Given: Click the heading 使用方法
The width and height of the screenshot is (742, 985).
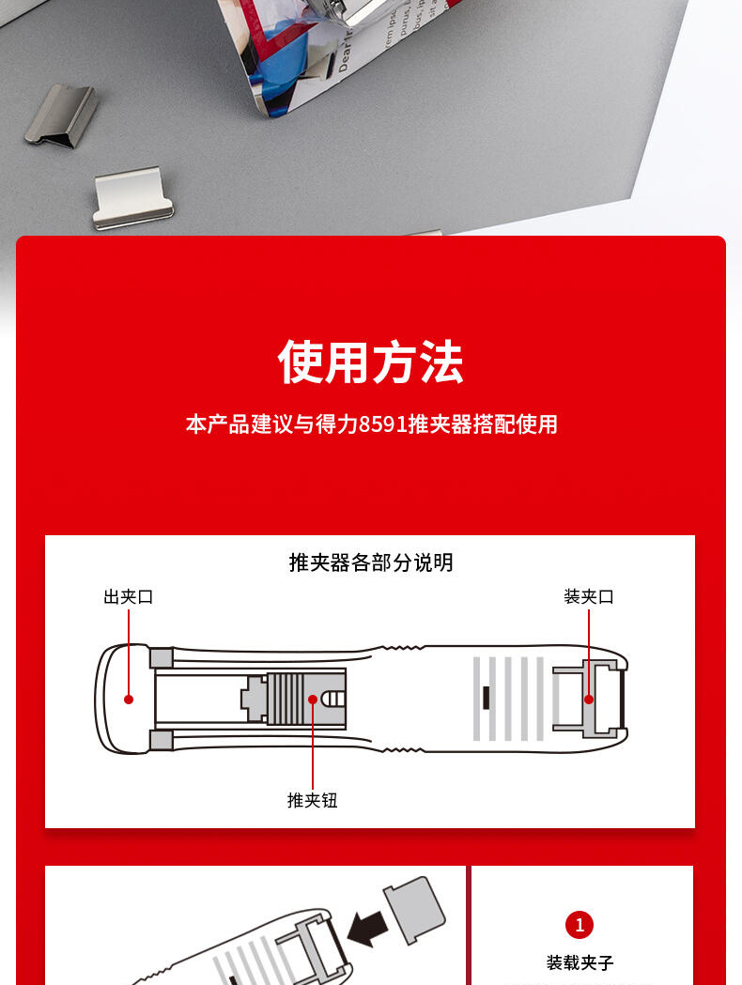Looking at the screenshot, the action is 371,362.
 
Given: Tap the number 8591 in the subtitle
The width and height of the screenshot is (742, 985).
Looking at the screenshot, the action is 383,424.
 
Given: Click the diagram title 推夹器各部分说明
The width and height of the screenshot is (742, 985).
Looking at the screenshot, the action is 371,562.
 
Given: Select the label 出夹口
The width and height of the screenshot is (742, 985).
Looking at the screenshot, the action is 129,596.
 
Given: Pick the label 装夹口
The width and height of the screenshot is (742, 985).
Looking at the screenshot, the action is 589,596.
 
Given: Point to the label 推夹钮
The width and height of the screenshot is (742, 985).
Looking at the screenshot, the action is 312,800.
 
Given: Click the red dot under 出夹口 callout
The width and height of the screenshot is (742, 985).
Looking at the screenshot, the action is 129,700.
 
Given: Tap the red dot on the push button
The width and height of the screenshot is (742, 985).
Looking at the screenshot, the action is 312,700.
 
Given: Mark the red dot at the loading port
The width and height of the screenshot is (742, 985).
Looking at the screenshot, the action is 589,700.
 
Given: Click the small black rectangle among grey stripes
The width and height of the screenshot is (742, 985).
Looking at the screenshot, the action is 486,698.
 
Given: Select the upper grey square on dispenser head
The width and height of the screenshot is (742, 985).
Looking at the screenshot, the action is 162,657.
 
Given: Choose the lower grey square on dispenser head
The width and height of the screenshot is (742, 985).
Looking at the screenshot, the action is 162,740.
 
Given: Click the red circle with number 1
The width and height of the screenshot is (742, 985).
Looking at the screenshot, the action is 580,925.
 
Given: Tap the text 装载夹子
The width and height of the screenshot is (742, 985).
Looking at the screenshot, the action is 580,962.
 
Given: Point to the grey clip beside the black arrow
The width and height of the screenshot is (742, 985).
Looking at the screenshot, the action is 414,909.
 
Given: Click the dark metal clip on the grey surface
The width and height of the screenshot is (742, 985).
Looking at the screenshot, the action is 62,115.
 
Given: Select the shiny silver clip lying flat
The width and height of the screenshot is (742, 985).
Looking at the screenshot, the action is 132,197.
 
